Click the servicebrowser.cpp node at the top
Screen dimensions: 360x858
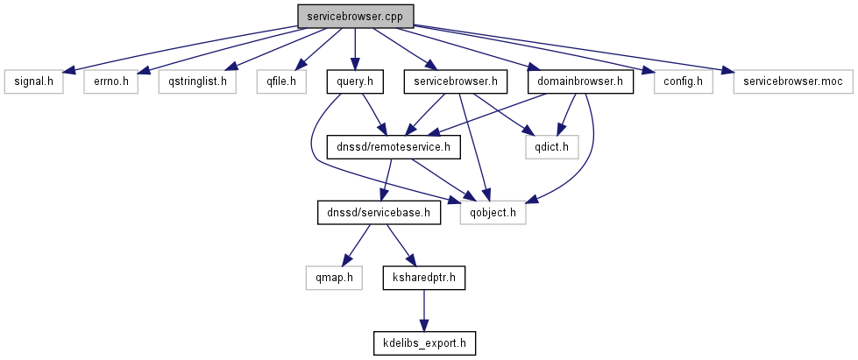pos(355,16)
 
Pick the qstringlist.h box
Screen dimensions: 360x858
pos(191,82)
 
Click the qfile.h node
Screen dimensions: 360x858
pos(280,82)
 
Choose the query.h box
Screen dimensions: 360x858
pos(355,82)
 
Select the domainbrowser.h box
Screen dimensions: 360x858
pos(580,82)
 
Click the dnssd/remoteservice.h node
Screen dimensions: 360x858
pos(393,147)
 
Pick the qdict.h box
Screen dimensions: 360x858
pos(552,147)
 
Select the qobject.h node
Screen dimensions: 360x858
pos(493,212)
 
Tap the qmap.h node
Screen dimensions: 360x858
pos(335,278)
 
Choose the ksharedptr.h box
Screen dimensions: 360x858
pos(424,278)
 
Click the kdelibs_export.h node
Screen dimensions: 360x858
pos(424,342)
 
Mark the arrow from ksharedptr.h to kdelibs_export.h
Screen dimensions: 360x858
pos(424,310)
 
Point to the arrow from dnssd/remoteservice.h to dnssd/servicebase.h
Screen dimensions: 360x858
pos(386,180)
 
